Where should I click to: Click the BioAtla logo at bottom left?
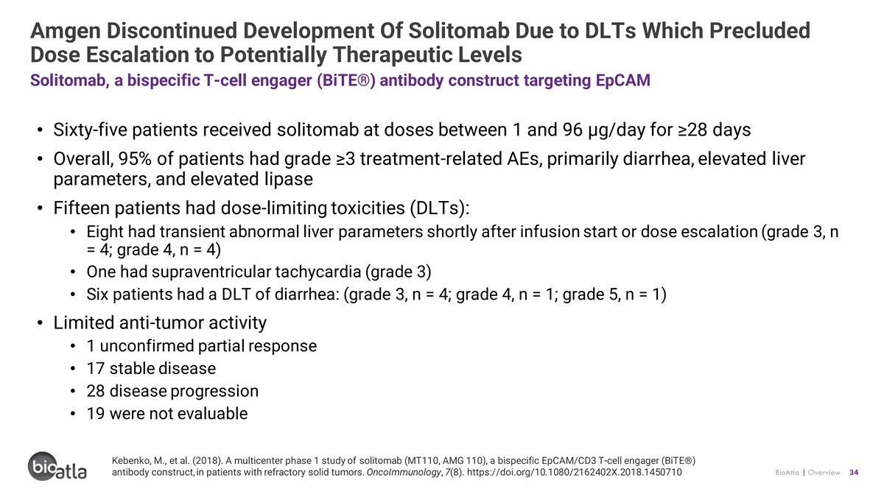(57, 466)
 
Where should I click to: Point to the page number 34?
(854, 472)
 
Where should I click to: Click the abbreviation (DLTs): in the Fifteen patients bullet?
(440, 208)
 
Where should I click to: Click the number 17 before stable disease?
(96, 368)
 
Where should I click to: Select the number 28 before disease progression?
(96, 391)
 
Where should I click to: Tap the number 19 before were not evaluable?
(96, 413)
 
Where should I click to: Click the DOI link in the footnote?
(574, 472)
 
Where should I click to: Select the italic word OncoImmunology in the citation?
(404, 472)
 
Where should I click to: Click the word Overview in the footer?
(824, 472)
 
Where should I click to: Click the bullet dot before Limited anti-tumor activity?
(40, 323)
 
